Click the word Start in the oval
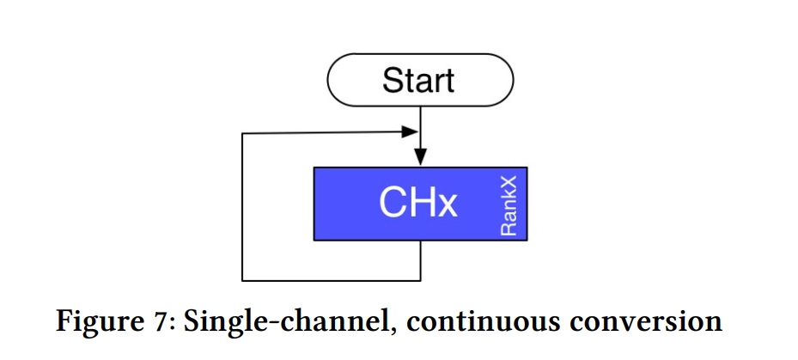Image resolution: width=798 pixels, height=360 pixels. (418, 81)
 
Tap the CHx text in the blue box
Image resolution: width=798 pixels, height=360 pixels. (417, 203)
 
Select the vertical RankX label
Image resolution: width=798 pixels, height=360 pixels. (509, 205)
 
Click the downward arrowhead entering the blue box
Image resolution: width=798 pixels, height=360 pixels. (420, 157)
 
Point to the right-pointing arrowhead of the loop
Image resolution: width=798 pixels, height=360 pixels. (410, 131)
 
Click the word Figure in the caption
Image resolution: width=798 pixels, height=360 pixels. (93, 323)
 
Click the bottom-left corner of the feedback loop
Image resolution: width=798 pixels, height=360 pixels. (242, 281)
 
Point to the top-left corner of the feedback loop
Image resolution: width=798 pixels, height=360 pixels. (242, 133)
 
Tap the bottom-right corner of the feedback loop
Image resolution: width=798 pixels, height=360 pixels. (420, 281)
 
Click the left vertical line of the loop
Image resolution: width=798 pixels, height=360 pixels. (242, 207)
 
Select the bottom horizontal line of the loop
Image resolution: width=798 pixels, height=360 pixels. (332, 281)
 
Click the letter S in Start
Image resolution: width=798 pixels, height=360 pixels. (392, 81)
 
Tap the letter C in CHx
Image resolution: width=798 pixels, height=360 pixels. (392, 203)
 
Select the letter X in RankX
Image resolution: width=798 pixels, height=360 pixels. (509, 183)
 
